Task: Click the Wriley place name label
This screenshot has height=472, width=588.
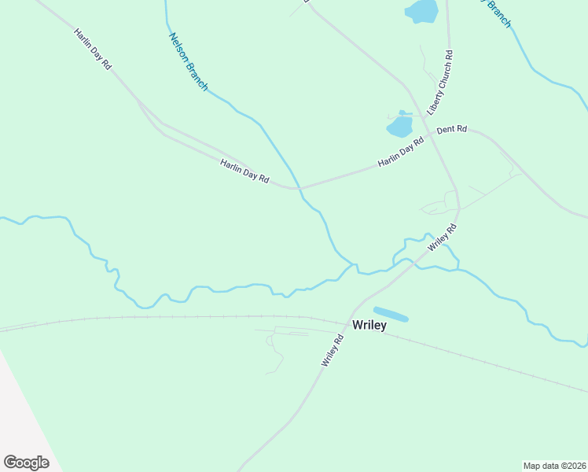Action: pyautogui.click(x=369, y=326)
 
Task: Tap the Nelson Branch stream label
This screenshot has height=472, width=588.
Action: pyautogui.click(x=187, y=62)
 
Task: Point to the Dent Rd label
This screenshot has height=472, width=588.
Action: pyautogui.click(x=452, y=129)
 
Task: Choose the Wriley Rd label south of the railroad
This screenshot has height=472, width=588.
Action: pyautogui.click(x=333, y=351)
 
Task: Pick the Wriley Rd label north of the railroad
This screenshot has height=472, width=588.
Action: pyautogui.click(x=442, y=237)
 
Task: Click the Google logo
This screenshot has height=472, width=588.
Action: pyautogui.click(x=26, y=463)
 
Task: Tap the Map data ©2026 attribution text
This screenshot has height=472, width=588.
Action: pyautogui.click(x=554, y=466)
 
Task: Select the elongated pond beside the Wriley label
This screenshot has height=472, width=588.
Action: pyautogui.click(x=391, y=314)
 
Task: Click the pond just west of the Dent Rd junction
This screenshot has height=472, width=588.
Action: pyautogui.click(x=399, y=126)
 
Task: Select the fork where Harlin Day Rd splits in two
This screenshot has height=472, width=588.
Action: pyautogui.click(x=140, y=101)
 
